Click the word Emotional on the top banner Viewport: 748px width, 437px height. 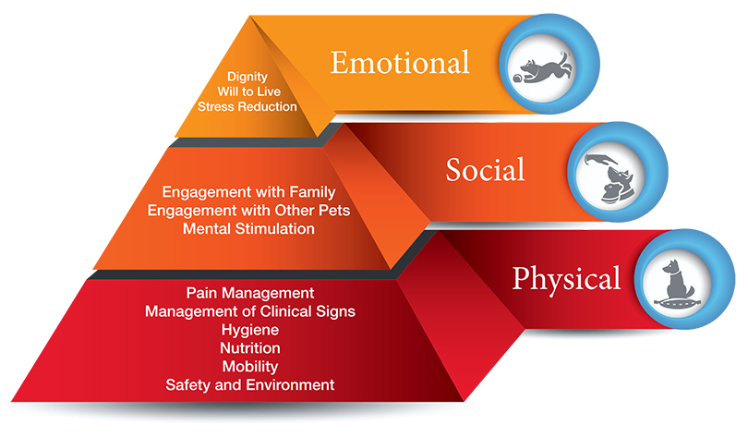point(400,63)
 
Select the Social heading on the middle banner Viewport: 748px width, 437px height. point(485,170)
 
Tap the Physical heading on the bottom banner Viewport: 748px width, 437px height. point(566,279)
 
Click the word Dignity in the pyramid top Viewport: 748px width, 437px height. point(247,77)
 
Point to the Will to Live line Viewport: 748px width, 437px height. point(248,91)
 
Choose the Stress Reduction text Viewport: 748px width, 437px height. point(247,106)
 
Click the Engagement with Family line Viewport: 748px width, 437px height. point(248,192)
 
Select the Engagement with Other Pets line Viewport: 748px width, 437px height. point(248,211)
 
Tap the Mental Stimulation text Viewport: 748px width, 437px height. point(248,228)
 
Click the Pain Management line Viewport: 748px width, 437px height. point(250,293)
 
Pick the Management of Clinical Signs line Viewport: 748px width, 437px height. point(250,311)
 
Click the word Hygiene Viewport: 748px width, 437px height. point(250,330)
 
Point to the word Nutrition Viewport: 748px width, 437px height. point(250,348)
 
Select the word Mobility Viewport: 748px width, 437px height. point(250,367)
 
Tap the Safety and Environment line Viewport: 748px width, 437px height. point(250,385)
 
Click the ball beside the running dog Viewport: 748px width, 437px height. point(518,78)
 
